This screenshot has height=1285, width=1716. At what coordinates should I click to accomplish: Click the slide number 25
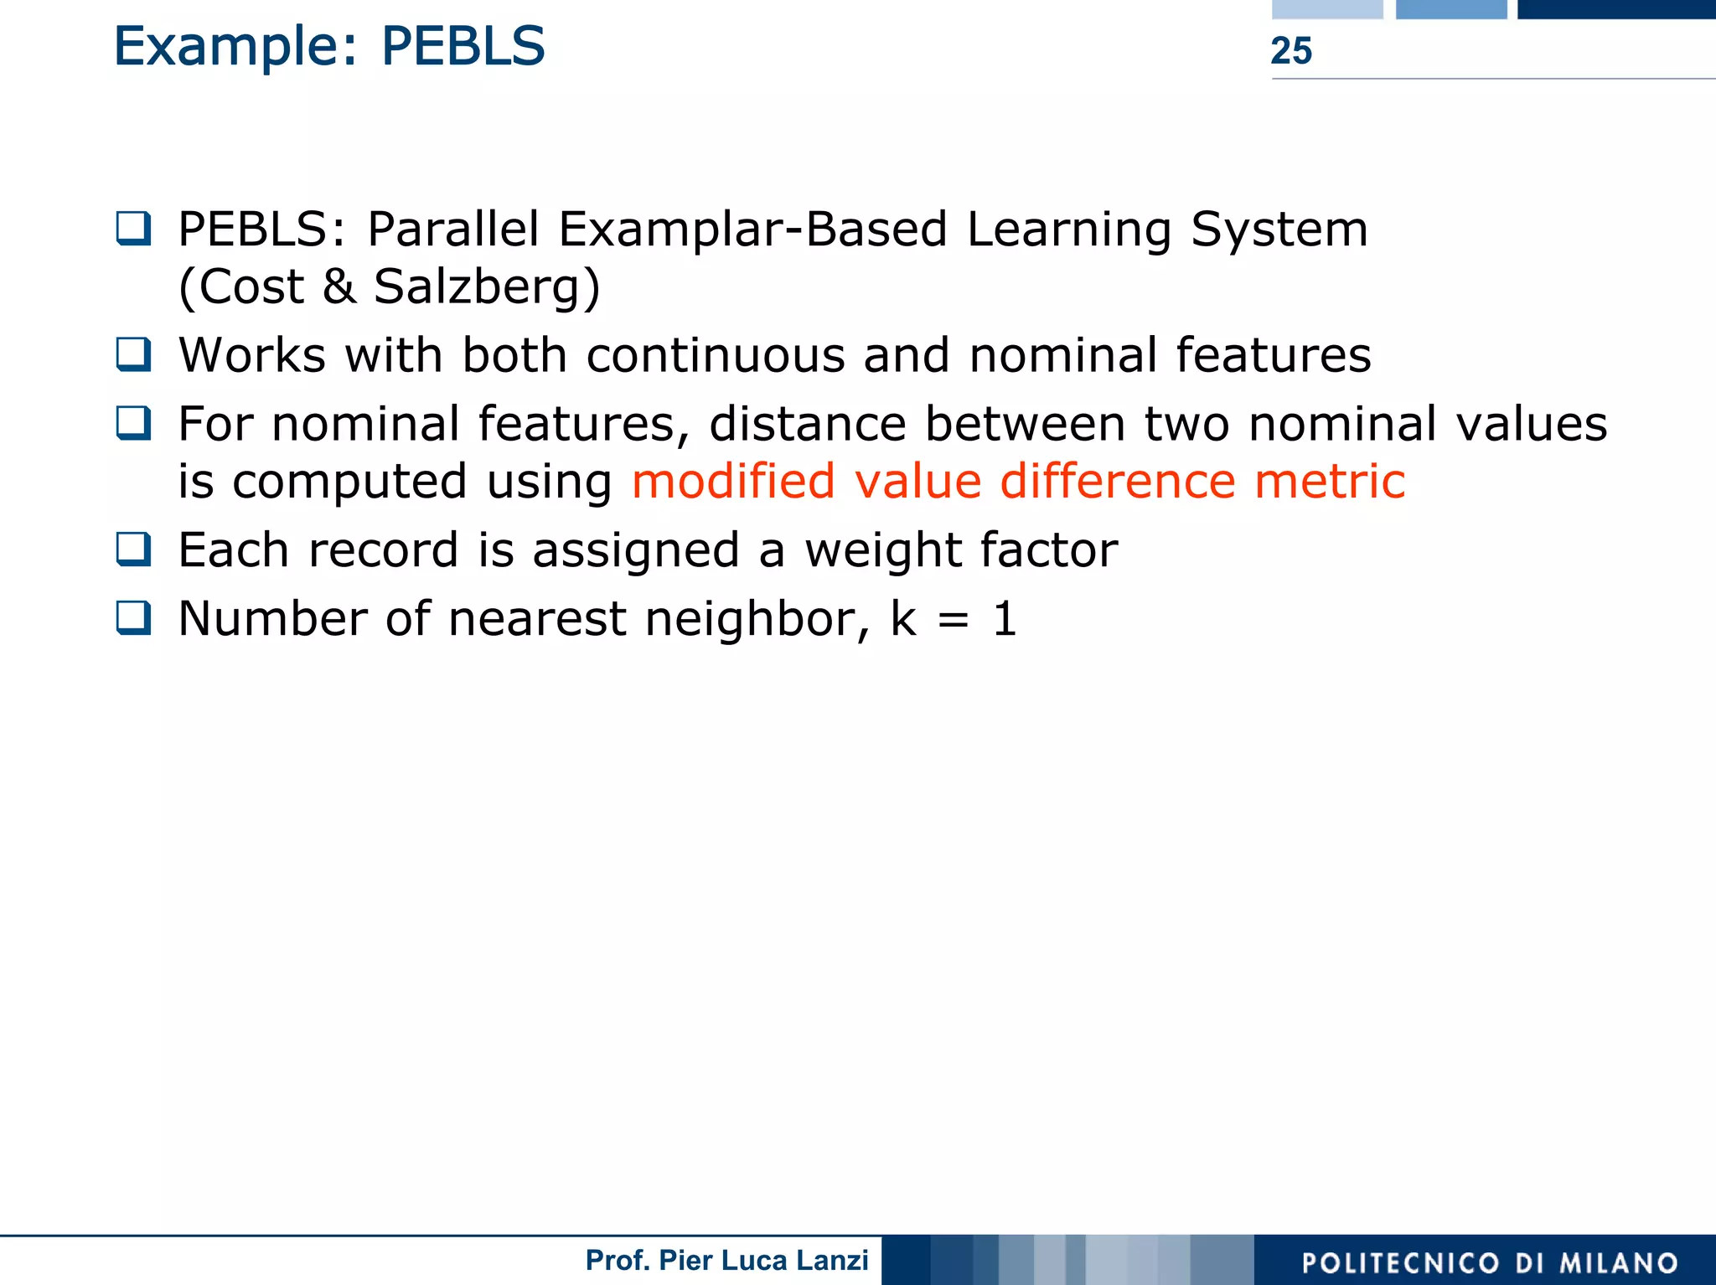1290,51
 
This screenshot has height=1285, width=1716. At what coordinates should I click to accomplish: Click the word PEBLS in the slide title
463,46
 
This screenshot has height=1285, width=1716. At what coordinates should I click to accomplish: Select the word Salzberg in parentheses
477,287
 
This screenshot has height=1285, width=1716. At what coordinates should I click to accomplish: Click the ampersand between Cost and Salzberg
339,286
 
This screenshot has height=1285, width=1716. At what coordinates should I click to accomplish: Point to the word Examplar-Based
752,230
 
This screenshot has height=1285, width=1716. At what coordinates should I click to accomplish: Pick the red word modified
733,482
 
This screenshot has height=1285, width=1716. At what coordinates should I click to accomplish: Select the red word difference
1118,482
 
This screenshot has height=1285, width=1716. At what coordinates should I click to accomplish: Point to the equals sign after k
954,621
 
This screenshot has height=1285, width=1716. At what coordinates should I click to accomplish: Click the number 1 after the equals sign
1005,620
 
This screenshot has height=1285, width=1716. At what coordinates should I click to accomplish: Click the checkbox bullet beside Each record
134,550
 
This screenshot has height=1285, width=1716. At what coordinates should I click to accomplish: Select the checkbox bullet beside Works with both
134,354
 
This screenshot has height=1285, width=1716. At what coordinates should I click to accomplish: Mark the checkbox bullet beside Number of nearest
134,618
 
